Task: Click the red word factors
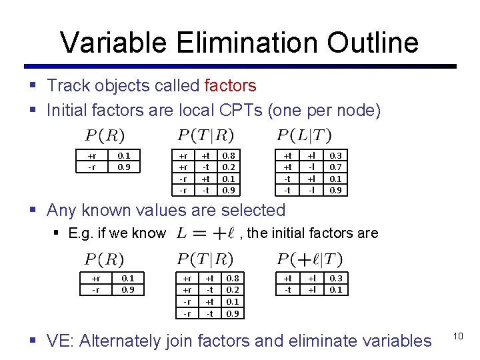pos(230,86)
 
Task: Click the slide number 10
pos(458,336)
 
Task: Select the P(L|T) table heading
pos(304,135)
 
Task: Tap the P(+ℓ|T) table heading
pos(310,258)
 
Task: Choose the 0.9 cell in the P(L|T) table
pos(336,189)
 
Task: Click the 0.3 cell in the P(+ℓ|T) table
pos(336,278)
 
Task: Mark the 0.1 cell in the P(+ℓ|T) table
pos(336,289)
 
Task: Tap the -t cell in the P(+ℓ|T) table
pos(287,289)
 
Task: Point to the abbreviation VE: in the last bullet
pos(61,341)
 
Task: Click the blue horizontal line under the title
pos(240,67)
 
